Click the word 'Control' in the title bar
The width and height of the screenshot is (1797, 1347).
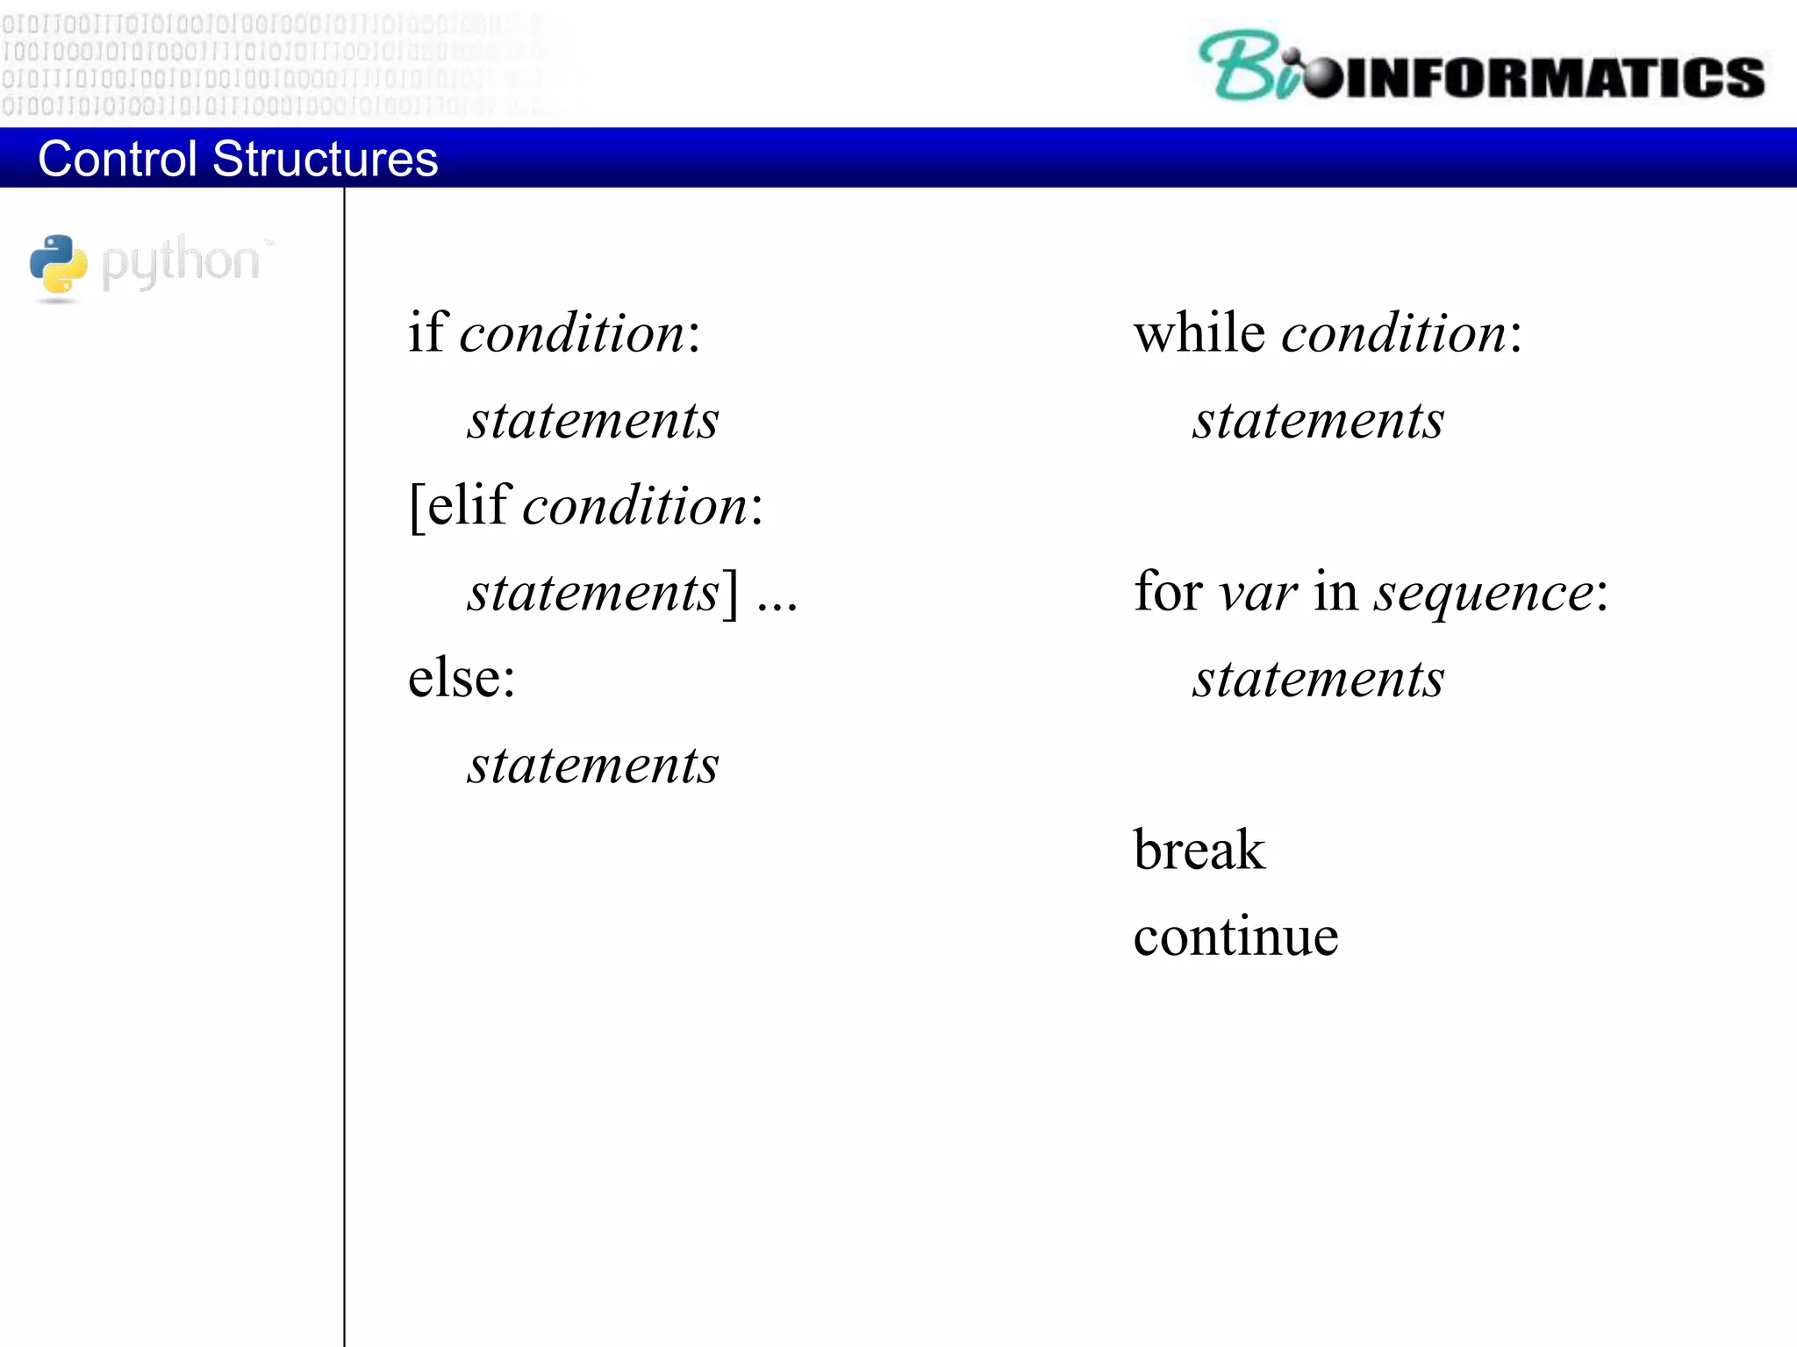tap(117, 159)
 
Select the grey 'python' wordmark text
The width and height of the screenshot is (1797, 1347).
tap(182, 262)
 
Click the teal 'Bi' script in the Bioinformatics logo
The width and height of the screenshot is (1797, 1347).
tap(1245, 67)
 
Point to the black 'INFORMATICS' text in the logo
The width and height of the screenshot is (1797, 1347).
tap(1553, 77)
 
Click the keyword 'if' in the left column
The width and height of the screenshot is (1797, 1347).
tap(427, 332)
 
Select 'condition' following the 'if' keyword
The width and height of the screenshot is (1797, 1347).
tap(572, 334)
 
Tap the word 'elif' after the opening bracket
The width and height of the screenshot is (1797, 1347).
tap(469, 506)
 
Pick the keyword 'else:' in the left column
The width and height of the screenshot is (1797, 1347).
tap(462, 678)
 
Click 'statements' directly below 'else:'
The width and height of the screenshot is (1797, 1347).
tap(593, 765)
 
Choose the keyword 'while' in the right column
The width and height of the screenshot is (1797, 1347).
tap(1199, 332)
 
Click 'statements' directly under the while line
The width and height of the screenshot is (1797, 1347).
tap(1318, 420)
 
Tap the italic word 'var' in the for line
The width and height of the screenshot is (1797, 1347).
tap(1257, 593)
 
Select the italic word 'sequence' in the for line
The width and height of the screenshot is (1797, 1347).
tap(1484, 595)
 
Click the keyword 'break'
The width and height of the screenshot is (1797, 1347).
tap(1199, 850)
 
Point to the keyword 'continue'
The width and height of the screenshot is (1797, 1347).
tap(1235, 936)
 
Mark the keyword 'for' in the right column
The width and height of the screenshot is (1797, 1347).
tap(1167, 591)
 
